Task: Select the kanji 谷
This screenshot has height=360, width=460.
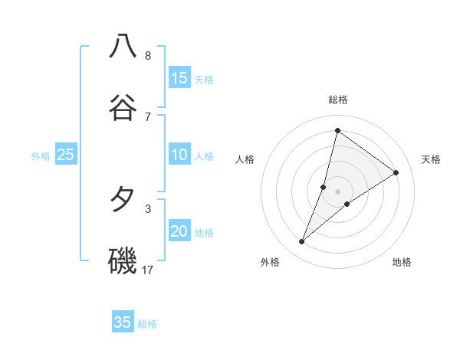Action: point(123,107)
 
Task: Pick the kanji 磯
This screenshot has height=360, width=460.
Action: point(123,260)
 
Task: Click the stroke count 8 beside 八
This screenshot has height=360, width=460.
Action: point(148,56)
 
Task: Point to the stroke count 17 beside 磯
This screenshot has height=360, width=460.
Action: point(148,270)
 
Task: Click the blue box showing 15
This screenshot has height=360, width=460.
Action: point(179,77)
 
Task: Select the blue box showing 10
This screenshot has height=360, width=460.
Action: point(179,155)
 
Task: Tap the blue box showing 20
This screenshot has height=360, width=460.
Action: point(179,231)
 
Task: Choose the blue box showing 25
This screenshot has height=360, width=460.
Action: point(66,155)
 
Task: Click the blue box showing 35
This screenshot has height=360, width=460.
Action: point(123,322)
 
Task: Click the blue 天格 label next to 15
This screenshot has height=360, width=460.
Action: point(204,79)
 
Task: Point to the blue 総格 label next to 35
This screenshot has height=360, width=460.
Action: point(147,324)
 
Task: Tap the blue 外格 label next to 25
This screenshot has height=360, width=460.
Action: point(41,156)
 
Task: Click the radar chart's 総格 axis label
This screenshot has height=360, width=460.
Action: point(338,100)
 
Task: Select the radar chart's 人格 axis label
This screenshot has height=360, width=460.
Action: point(245,159)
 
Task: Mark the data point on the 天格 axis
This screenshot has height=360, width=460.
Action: point(396,172)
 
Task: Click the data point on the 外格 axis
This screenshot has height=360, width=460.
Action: point(302,242)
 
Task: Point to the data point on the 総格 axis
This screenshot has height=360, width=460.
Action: point(337,130)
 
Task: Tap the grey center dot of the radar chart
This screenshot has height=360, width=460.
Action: point(338,191)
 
